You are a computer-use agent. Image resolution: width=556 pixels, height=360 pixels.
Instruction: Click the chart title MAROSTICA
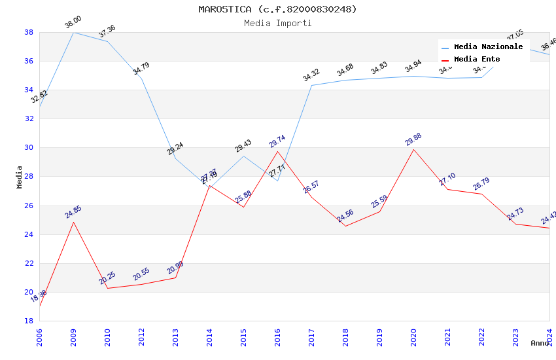[x=277, y=9]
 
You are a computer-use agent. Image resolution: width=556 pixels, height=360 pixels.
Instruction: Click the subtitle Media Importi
[x=277, y=24]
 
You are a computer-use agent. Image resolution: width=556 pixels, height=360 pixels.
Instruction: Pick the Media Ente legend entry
[x=477, y=60]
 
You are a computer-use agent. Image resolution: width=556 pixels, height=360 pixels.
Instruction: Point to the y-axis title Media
[x=20, y=177]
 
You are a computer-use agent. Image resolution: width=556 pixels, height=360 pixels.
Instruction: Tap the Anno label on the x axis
[x=540, y=343]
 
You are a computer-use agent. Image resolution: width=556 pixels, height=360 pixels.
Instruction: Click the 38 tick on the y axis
[x=29, y=32]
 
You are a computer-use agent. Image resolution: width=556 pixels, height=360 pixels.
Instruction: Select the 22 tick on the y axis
[x=29, y=263]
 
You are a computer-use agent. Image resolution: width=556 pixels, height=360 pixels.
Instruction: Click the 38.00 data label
[x=73, y=23]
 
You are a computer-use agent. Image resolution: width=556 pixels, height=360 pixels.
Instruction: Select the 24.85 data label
[x=73, y=212]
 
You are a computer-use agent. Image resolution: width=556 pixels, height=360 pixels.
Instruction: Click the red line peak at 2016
[x=277, y=151]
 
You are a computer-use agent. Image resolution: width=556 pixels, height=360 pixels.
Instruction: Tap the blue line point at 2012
[x=141, y=79]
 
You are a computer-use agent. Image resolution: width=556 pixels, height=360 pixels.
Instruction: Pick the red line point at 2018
[x=345, y=226]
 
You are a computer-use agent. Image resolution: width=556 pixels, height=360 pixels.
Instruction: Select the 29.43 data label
[x=243, y=146]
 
